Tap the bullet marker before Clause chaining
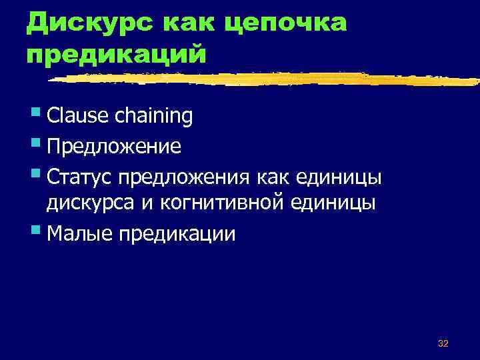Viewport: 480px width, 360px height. point(35,114)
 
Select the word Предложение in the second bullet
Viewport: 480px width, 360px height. point(113,145)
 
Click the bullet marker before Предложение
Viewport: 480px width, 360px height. point(35,143)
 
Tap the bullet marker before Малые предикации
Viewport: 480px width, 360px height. point(35,231)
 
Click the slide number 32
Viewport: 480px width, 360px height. point(443,343)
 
